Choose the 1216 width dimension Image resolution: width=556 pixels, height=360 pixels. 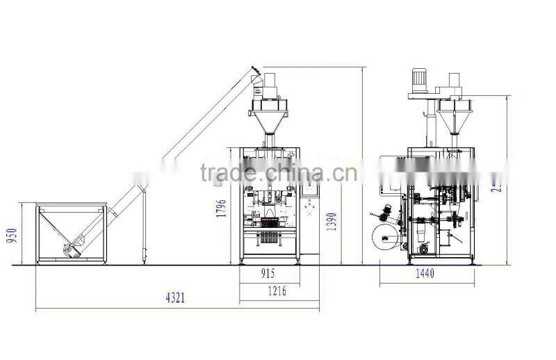point(277,292)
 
